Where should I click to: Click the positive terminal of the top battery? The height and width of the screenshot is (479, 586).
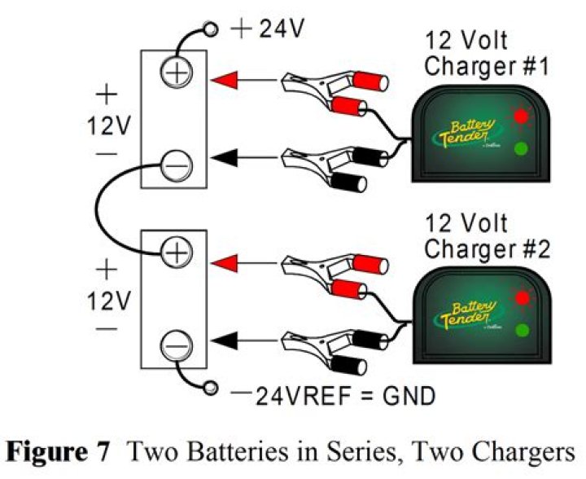(174, 74)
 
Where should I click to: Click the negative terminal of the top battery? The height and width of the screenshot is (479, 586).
(174, 166)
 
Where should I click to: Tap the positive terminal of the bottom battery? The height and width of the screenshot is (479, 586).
(174, 254)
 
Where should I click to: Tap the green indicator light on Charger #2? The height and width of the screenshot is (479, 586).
(523, 331)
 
